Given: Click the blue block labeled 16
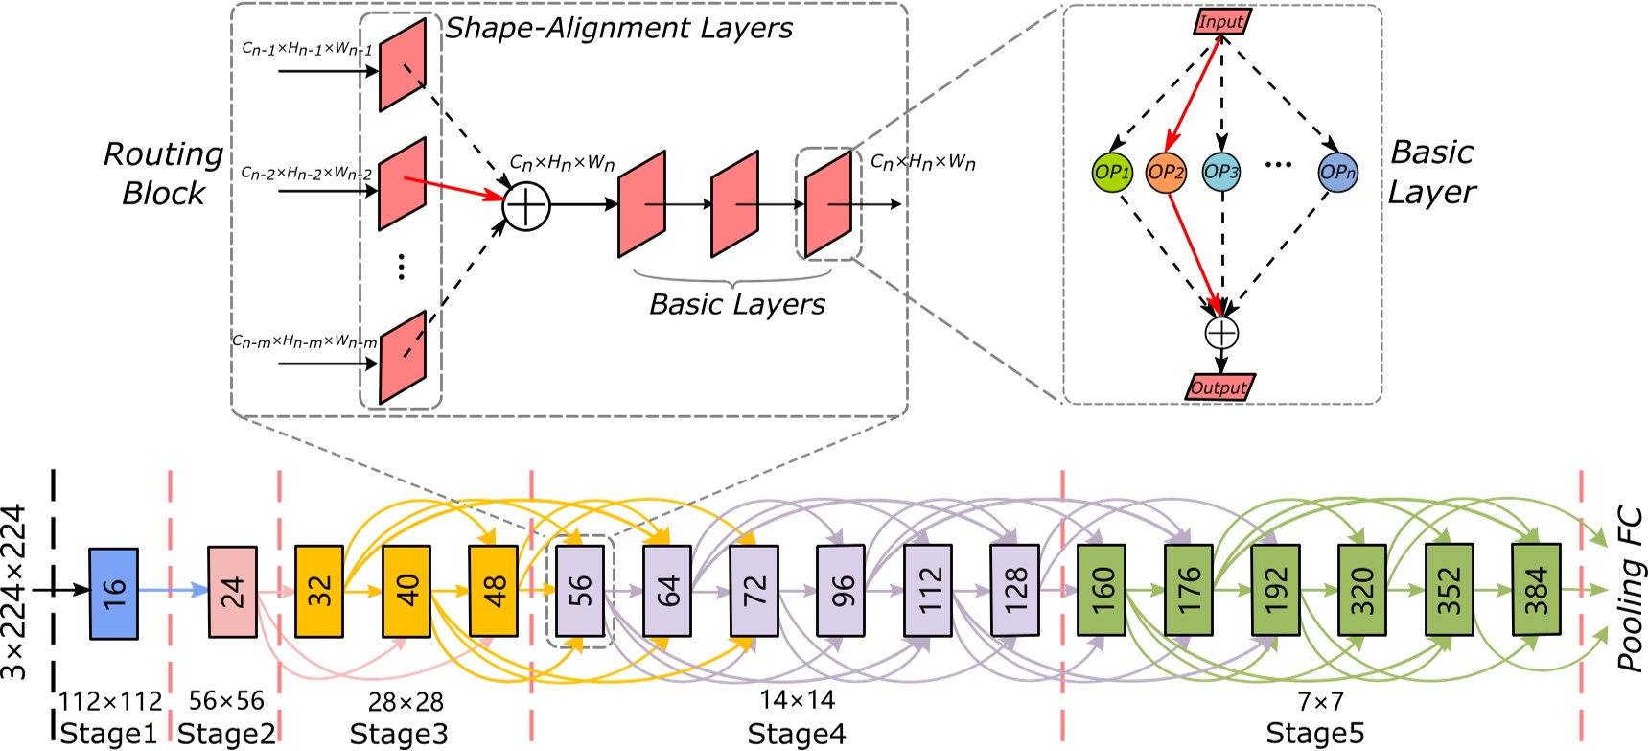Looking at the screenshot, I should pos(113,593).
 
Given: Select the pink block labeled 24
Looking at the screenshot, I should pos(232,592).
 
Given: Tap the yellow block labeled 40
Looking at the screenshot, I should pos(406,591).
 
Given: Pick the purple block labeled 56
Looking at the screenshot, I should pos(580,591).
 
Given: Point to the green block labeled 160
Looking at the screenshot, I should pos(1102,590).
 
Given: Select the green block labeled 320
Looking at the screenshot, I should pos(1361,590).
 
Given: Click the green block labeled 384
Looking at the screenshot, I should pos(1536,590).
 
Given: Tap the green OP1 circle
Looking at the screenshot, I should pos(1112,173).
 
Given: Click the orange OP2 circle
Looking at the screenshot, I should pos(1166,173).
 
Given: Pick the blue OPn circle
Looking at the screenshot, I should pos(1337,173).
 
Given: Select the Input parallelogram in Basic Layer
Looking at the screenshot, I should pos(1222,21).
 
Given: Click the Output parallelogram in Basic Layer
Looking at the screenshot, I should pos(1219,387).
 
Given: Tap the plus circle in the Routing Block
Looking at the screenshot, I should pos(526,205).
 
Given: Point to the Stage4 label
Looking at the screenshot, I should pos(796,734).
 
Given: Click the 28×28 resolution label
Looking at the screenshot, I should pos(406,702).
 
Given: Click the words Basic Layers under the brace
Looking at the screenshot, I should pos(736,305).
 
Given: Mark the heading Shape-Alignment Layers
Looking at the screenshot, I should pos(618,29).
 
